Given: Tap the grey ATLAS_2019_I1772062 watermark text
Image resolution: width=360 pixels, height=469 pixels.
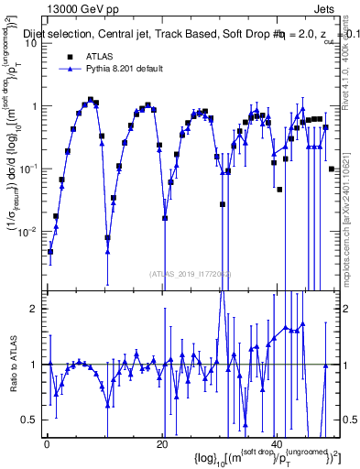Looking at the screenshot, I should (x=191, y=273).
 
